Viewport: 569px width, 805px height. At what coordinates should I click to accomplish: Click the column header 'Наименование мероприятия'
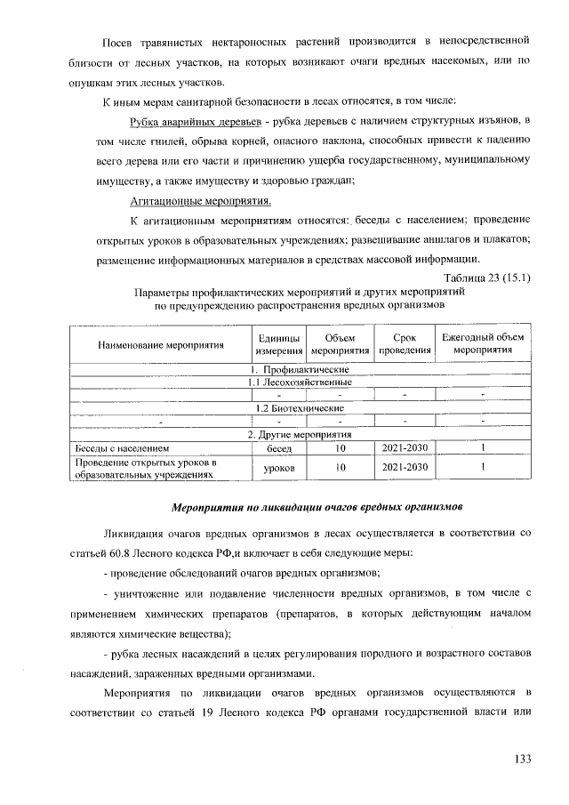tap(148, 343)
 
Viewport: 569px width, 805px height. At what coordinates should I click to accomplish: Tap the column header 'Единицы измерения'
tap(278, 343)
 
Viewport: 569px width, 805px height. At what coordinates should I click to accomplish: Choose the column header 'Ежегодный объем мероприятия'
tap(484, 343)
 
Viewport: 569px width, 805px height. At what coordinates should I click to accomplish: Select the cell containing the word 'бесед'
tap(278, 448)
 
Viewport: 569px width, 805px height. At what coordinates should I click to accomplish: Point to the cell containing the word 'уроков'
tap(278, 467)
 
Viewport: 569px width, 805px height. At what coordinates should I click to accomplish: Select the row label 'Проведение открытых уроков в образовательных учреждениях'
tap(147, 468)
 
